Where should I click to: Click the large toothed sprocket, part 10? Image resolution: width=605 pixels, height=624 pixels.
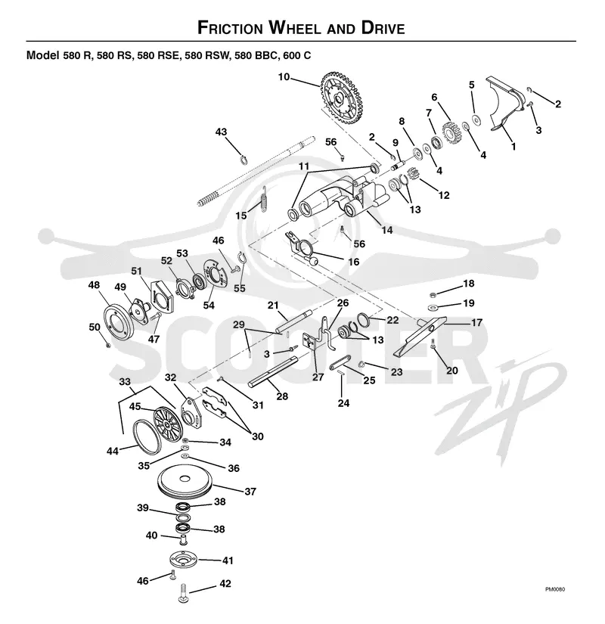(x=341, y=98)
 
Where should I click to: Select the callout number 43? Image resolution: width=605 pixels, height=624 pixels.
(x=221, y=132)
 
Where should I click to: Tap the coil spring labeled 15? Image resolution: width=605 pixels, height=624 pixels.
(x=263, y=199)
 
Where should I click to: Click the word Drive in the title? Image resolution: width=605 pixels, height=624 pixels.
(x=383, y=28)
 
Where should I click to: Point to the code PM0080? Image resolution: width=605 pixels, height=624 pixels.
(x=555, y=589)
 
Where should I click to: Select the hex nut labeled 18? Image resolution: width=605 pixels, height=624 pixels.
(x=433, y=295)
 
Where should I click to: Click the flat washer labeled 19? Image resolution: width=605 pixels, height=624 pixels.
(x=433, y=308)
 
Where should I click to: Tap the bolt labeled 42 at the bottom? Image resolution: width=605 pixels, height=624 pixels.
(x=183, y=591)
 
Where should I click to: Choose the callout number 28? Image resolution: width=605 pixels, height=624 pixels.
(x=282, y=396)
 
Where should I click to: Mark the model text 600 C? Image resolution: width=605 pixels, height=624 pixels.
(x=297, y=55)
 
